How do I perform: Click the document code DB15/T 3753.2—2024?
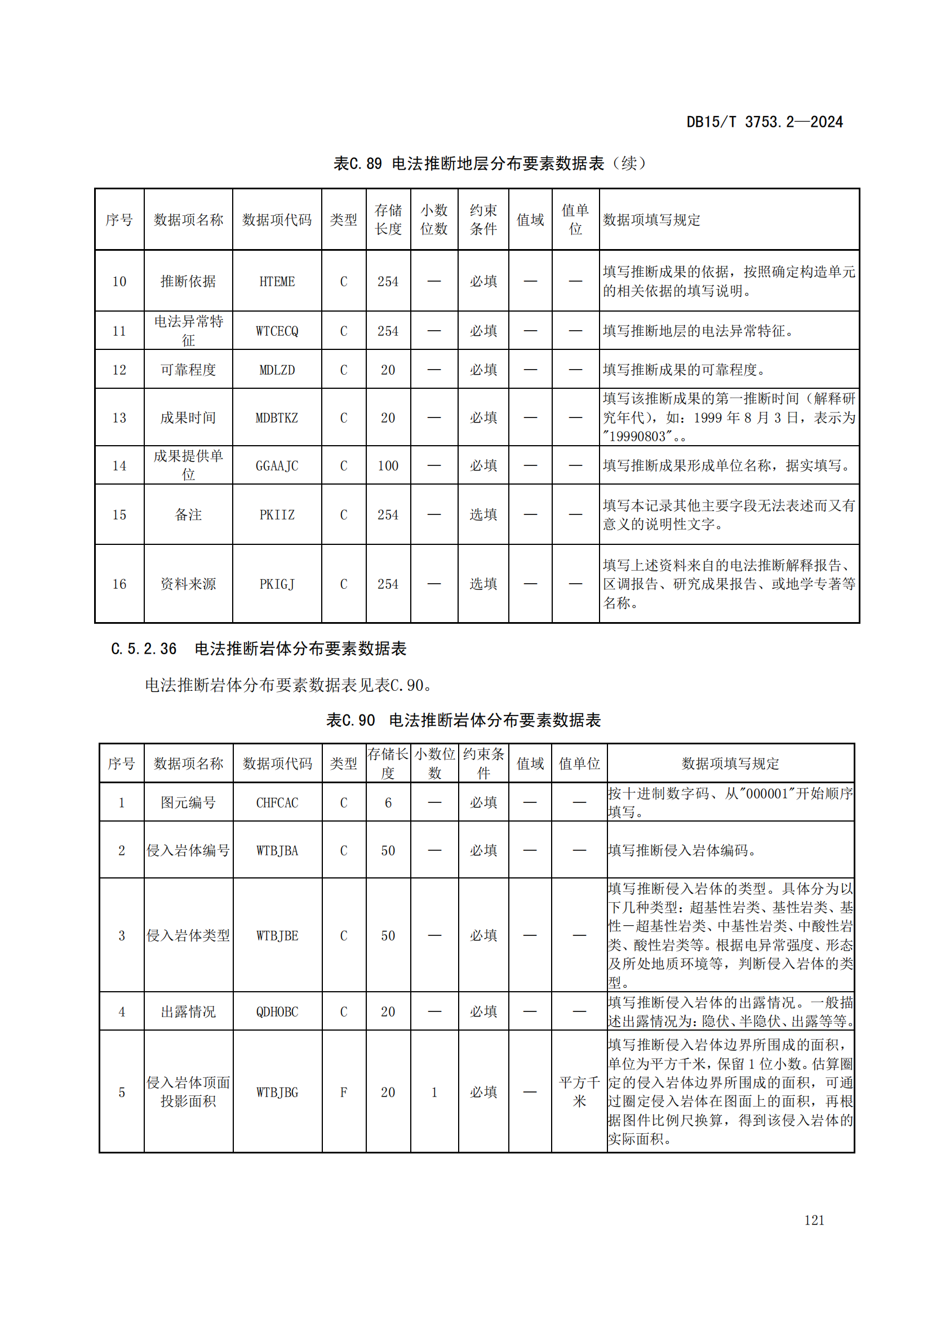764,122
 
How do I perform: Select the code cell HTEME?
277,281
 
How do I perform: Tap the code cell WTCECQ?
277,331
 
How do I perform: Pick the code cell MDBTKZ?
277,418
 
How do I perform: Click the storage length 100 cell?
388,465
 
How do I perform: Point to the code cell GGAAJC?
277,465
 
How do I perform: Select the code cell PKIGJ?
277,584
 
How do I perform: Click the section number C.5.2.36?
144,649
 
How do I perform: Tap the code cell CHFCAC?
277,802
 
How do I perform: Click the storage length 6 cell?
388,802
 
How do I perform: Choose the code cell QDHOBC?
277,1011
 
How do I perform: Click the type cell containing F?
343,1092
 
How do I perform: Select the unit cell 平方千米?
579,1092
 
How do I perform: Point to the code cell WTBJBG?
277,1092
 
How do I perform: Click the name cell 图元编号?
188,802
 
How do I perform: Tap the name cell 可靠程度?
188,370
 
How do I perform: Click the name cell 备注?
188,514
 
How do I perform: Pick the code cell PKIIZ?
277,514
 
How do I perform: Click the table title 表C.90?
350,720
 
